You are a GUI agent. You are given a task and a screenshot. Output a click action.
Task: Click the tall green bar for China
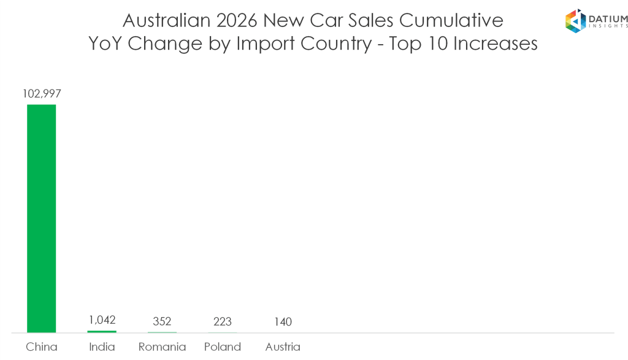pos(41,218)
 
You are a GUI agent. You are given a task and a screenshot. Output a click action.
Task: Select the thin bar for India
pos(102,332)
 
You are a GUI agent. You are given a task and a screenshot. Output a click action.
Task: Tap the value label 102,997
pos(42,94)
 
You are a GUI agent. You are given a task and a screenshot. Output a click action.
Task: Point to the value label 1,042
pos(102,320)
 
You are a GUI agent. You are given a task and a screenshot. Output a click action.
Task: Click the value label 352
pos(162,321)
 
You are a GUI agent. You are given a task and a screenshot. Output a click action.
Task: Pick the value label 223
pos(222,321)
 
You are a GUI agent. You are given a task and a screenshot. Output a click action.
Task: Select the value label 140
pos(283,321)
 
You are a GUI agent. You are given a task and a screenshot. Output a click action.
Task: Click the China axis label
pos(42,347)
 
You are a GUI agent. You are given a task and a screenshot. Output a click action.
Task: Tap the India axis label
pos(102,347)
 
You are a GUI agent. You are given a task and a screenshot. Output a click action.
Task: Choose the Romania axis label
pos(162,347)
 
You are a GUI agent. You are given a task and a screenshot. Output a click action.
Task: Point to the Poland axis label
pos(223,347)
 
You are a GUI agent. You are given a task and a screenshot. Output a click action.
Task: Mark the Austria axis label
pos(283,347)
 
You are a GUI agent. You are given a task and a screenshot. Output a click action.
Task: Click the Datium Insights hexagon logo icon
pos(575,21)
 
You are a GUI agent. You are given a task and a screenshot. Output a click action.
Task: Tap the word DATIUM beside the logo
pos(608,18)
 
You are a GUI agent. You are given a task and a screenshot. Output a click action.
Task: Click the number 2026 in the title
pos(237,20)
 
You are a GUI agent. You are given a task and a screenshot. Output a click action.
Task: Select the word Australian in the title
pos(167,20)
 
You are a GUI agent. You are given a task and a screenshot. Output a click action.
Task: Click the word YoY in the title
pos(105,44)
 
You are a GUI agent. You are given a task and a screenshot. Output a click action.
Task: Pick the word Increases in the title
pos(495,44)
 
